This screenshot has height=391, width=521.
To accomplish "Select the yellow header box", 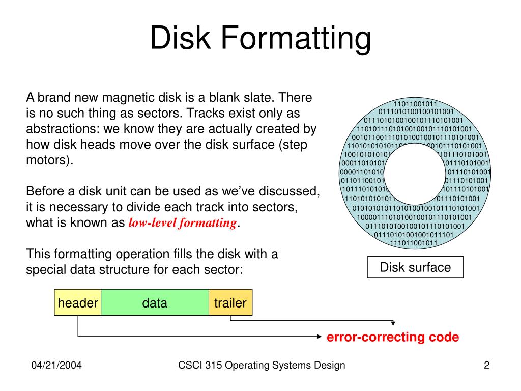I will click(x=78, y=303).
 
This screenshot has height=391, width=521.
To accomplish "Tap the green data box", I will click(x=155, y=303).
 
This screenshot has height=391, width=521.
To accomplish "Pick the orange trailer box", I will click(x=230, y=303).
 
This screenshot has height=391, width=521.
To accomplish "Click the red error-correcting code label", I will click(x=392, y=337).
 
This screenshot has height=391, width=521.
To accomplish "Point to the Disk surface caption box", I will click(x=415, y=267).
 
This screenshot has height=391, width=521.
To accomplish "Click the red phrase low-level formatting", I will click(x=182, y=223).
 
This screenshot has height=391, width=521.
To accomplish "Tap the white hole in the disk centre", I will click(x=415, y=173).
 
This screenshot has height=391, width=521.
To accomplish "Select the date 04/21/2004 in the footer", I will click(x=57, y=365).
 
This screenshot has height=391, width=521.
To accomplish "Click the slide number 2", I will click(x=486, y=365).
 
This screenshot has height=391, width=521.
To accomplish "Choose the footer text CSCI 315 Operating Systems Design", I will click(x=262, y=365).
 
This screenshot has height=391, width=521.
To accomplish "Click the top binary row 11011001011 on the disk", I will click(x=416, y=104).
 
